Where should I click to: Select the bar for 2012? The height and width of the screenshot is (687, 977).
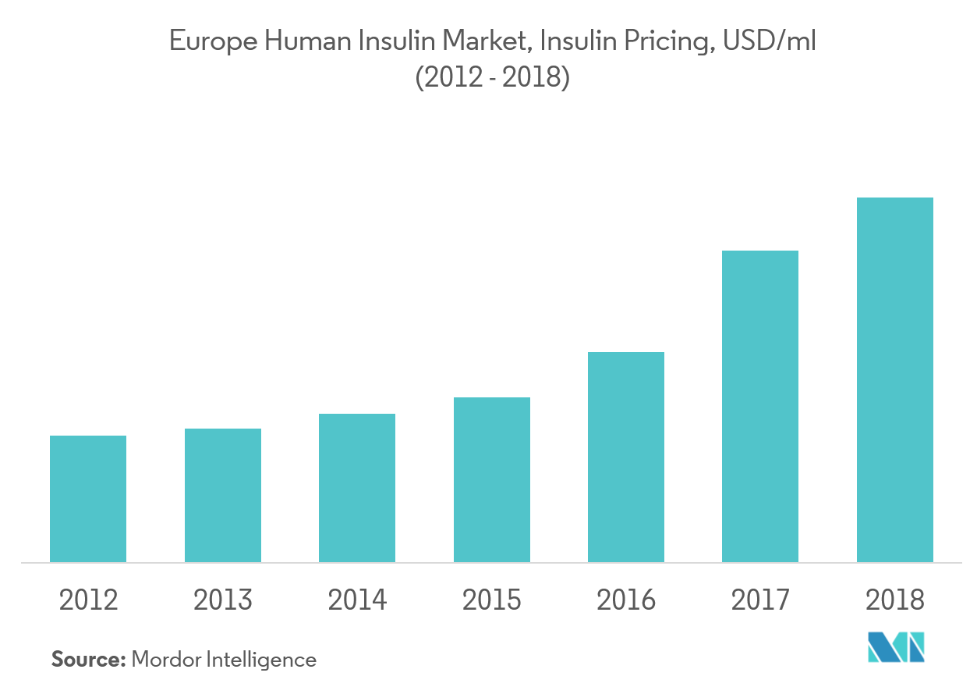pos(88,499)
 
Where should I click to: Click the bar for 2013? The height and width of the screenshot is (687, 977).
pos(223,495)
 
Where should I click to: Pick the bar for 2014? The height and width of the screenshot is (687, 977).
pos(357,488)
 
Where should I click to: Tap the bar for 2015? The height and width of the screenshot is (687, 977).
pos(492,479)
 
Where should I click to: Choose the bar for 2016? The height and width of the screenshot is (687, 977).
pos(626,457)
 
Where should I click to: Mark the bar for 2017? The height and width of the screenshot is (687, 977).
pos(760,406)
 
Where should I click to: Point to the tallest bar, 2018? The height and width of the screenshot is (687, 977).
pos(895,379)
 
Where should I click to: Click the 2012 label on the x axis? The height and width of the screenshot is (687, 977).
pos(88,600)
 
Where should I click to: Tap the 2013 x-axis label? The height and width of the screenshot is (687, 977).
pos(223,600)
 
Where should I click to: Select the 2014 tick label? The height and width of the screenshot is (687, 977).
pos(357,600)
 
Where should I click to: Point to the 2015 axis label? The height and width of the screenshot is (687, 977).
pos(492,600)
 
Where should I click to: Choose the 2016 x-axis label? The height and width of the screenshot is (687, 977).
pos(626,600)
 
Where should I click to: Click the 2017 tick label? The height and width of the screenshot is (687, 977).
pos(760,600)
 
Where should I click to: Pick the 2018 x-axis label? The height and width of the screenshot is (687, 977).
pos(895,600)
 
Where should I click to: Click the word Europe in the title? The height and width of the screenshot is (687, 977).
pos(209,42)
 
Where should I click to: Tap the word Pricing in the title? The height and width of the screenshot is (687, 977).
pos(671,42)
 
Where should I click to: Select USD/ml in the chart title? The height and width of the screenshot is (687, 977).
pos(768,42)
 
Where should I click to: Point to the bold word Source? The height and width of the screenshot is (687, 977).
pos(88,660)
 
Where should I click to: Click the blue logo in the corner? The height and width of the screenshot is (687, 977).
pos(897,646)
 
